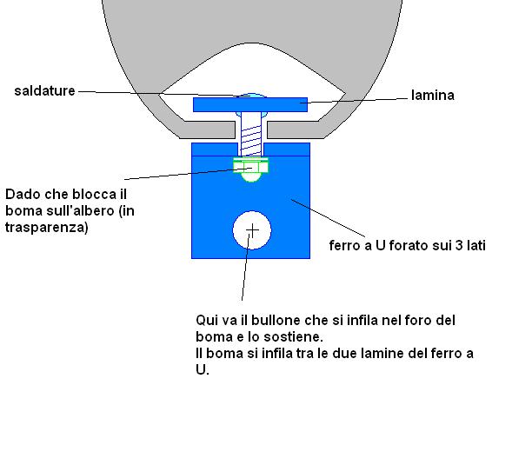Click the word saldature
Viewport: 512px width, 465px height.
pos(44,90)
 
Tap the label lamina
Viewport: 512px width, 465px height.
pos(433,95)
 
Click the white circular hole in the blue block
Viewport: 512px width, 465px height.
pos(252,230)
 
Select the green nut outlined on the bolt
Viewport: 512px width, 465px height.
pos(250,167)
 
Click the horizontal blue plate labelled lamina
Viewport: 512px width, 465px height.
pos(250,105)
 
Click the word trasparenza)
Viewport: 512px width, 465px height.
pos(47,227)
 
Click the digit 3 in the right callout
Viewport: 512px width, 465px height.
pos(459,245)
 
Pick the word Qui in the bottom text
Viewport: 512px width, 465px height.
pos(207,320)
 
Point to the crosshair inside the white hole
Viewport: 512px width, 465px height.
pos(252,230)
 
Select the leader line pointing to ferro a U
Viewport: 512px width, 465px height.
pos(329,218)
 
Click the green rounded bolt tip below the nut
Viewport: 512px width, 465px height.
pos(250,177)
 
